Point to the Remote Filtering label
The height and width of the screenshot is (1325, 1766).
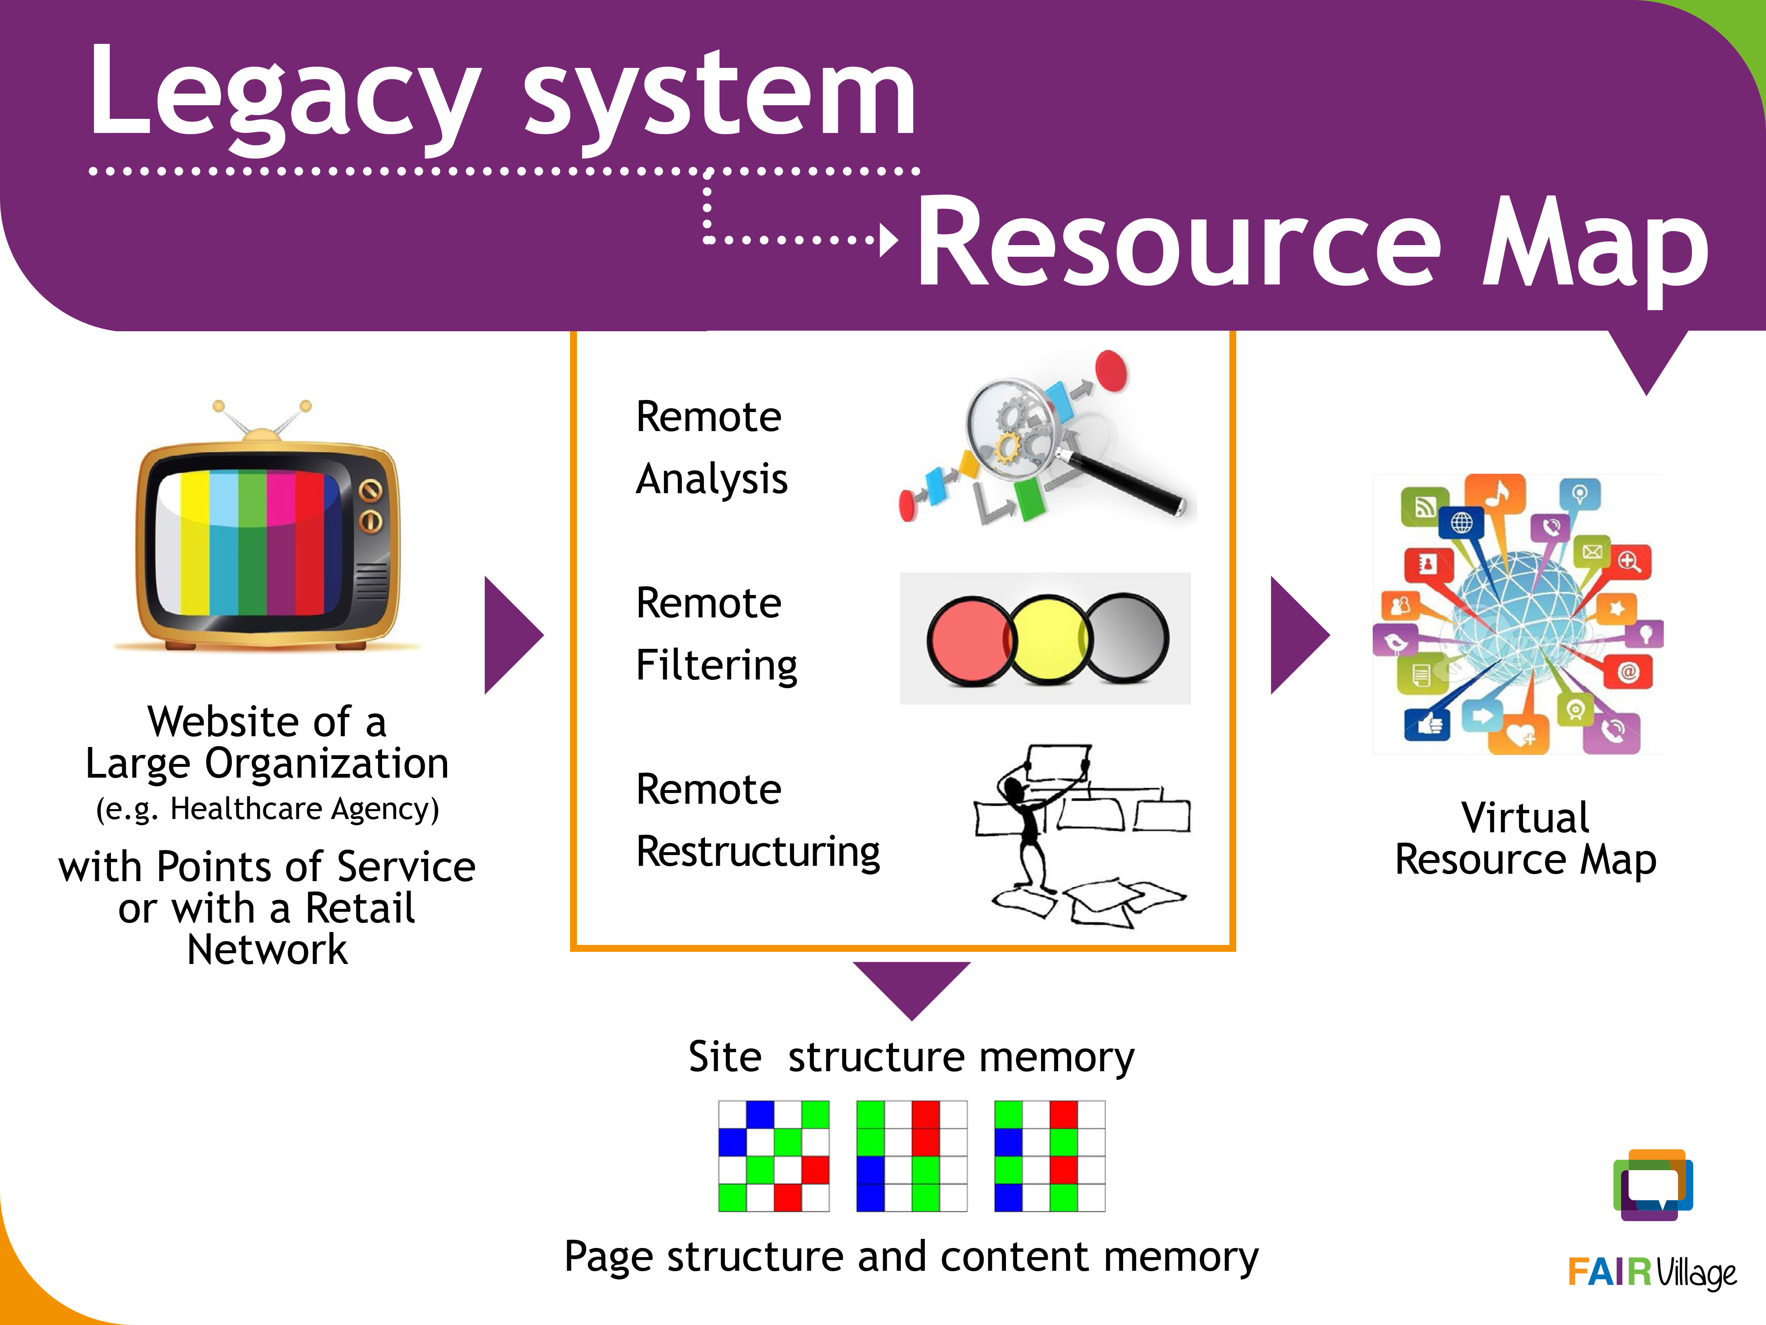[x=716, y=634]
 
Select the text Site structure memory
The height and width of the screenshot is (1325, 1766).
[x=911, y=1058]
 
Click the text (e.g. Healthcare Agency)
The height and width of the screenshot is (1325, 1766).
[x=267, y=809]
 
